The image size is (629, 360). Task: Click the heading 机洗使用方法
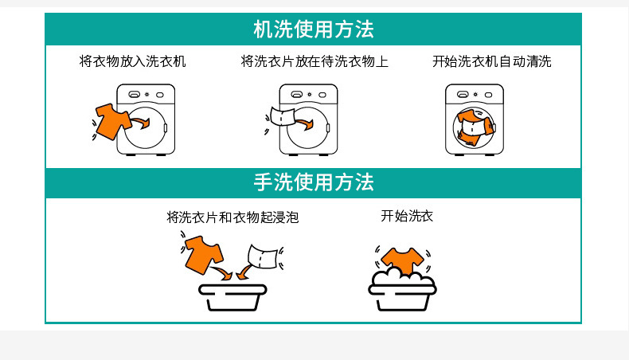[313, 29]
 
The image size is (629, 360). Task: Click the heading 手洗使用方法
[313, 182]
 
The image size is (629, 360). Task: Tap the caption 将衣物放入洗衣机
[133, 61]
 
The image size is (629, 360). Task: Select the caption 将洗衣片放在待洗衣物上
[314, 61]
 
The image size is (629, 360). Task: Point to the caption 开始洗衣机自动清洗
[491, 61]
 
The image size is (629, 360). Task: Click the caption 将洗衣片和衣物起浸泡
[232, 217]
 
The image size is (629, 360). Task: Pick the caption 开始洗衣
[407, 216]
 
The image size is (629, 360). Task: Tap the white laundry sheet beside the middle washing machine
[283, 117]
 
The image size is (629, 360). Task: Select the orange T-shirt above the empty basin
[203, 252]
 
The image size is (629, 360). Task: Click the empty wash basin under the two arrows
[232, 296]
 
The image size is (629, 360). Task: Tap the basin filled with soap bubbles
[402, 288]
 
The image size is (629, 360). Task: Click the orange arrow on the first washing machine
[140, 123]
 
